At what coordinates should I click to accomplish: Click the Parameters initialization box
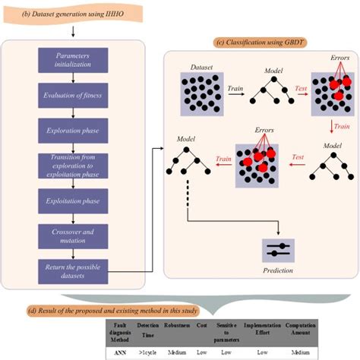point(74,61)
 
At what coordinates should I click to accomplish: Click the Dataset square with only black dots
point(201,95)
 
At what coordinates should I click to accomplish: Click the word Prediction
point(279,270)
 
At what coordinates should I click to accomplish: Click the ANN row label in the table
point(119,352)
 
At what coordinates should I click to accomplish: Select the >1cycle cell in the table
point(149,352)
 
